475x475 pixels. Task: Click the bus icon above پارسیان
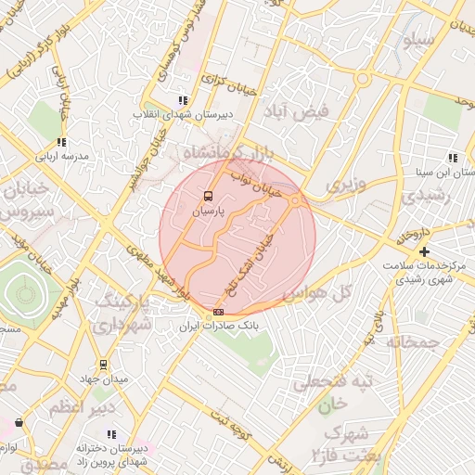tap(208, 197)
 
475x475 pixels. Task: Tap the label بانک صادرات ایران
tap(218, 327)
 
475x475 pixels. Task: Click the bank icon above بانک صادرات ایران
tap(218, 313)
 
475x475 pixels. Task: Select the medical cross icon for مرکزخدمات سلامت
tap(424, 251)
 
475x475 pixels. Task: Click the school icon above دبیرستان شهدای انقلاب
tap(183, 100)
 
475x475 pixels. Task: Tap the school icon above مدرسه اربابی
tap(61, 142)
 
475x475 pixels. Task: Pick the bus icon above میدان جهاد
tap(103, 365)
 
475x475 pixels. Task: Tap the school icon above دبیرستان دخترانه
tap(112, 434)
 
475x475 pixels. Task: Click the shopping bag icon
tap(19, 422)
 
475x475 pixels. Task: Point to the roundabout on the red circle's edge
tap(294, 199)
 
